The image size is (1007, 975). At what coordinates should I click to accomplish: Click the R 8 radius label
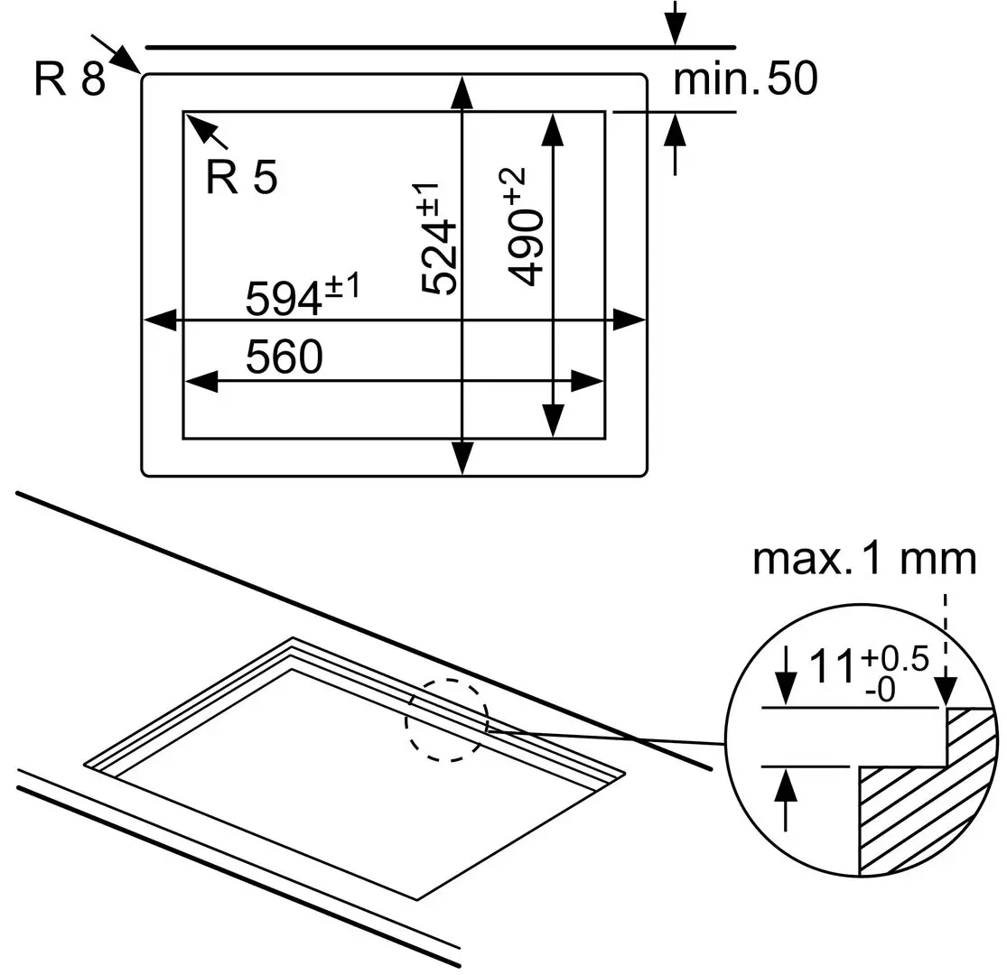(70, 80)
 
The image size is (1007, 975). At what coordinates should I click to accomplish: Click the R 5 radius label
(241, 178)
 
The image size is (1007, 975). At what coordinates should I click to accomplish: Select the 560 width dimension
(284, 358)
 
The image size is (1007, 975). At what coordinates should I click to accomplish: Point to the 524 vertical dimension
(441, 238)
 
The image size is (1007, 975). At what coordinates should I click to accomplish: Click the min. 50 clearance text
(745, 80)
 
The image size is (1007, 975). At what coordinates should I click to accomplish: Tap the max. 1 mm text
(864, 560)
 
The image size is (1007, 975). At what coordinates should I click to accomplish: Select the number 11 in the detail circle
(830, 669)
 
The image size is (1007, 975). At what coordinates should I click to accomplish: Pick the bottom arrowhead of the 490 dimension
(552, 421)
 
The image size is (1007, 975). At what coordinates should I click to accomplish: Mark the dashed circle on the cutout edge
(446, 720)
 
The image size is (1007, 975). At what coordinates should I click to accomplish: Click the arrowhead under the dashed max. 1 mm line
(946, 692)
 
